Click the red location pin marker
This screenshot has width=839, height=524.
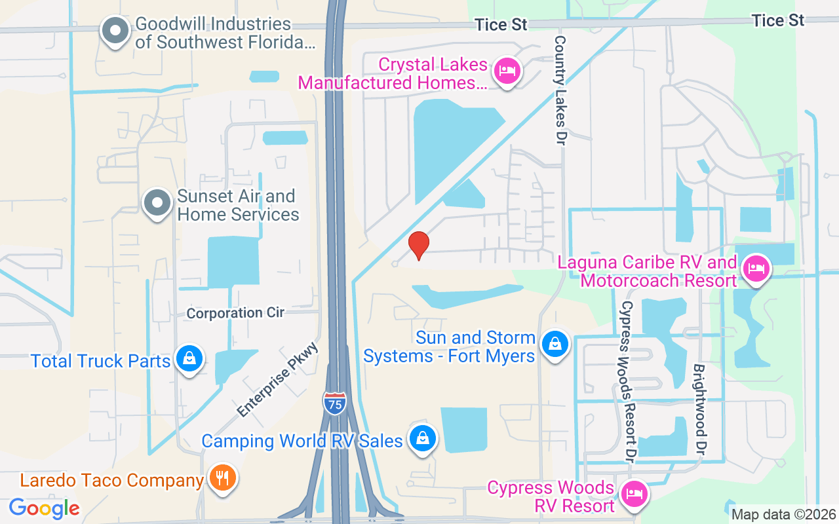pos(418,246)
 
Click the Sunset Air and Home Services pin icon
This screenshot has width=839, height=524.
pos(157,203)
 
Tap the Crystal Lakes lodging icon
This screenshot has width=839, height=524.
pos(507,69)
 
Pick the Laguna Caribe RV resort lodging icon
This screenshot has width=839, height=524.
pos(756,269)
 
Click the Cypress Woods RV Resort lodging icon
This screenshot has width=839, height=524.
pos(634,494)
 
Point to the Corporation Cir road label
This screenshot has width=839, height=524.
pos(235,313)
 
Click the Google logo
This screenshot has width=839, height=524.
pos(45,508)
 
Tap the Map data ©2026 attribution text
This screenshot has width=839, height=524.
pos(784,515)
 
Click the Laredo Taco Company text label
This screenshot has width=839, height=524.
pos(111,480)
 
